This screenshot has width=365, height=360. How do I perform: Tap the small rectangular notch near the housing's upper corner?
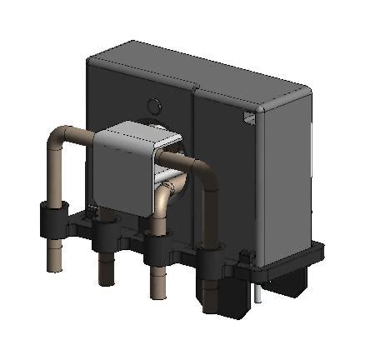(247, 118)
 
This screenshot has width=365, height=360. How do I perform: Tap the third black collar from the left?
(157, 247)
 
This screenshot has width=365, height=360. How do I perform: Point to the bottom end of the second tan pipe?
(107, 278)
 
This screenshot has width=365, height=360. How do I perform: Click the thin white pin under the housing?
(261, 291)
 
